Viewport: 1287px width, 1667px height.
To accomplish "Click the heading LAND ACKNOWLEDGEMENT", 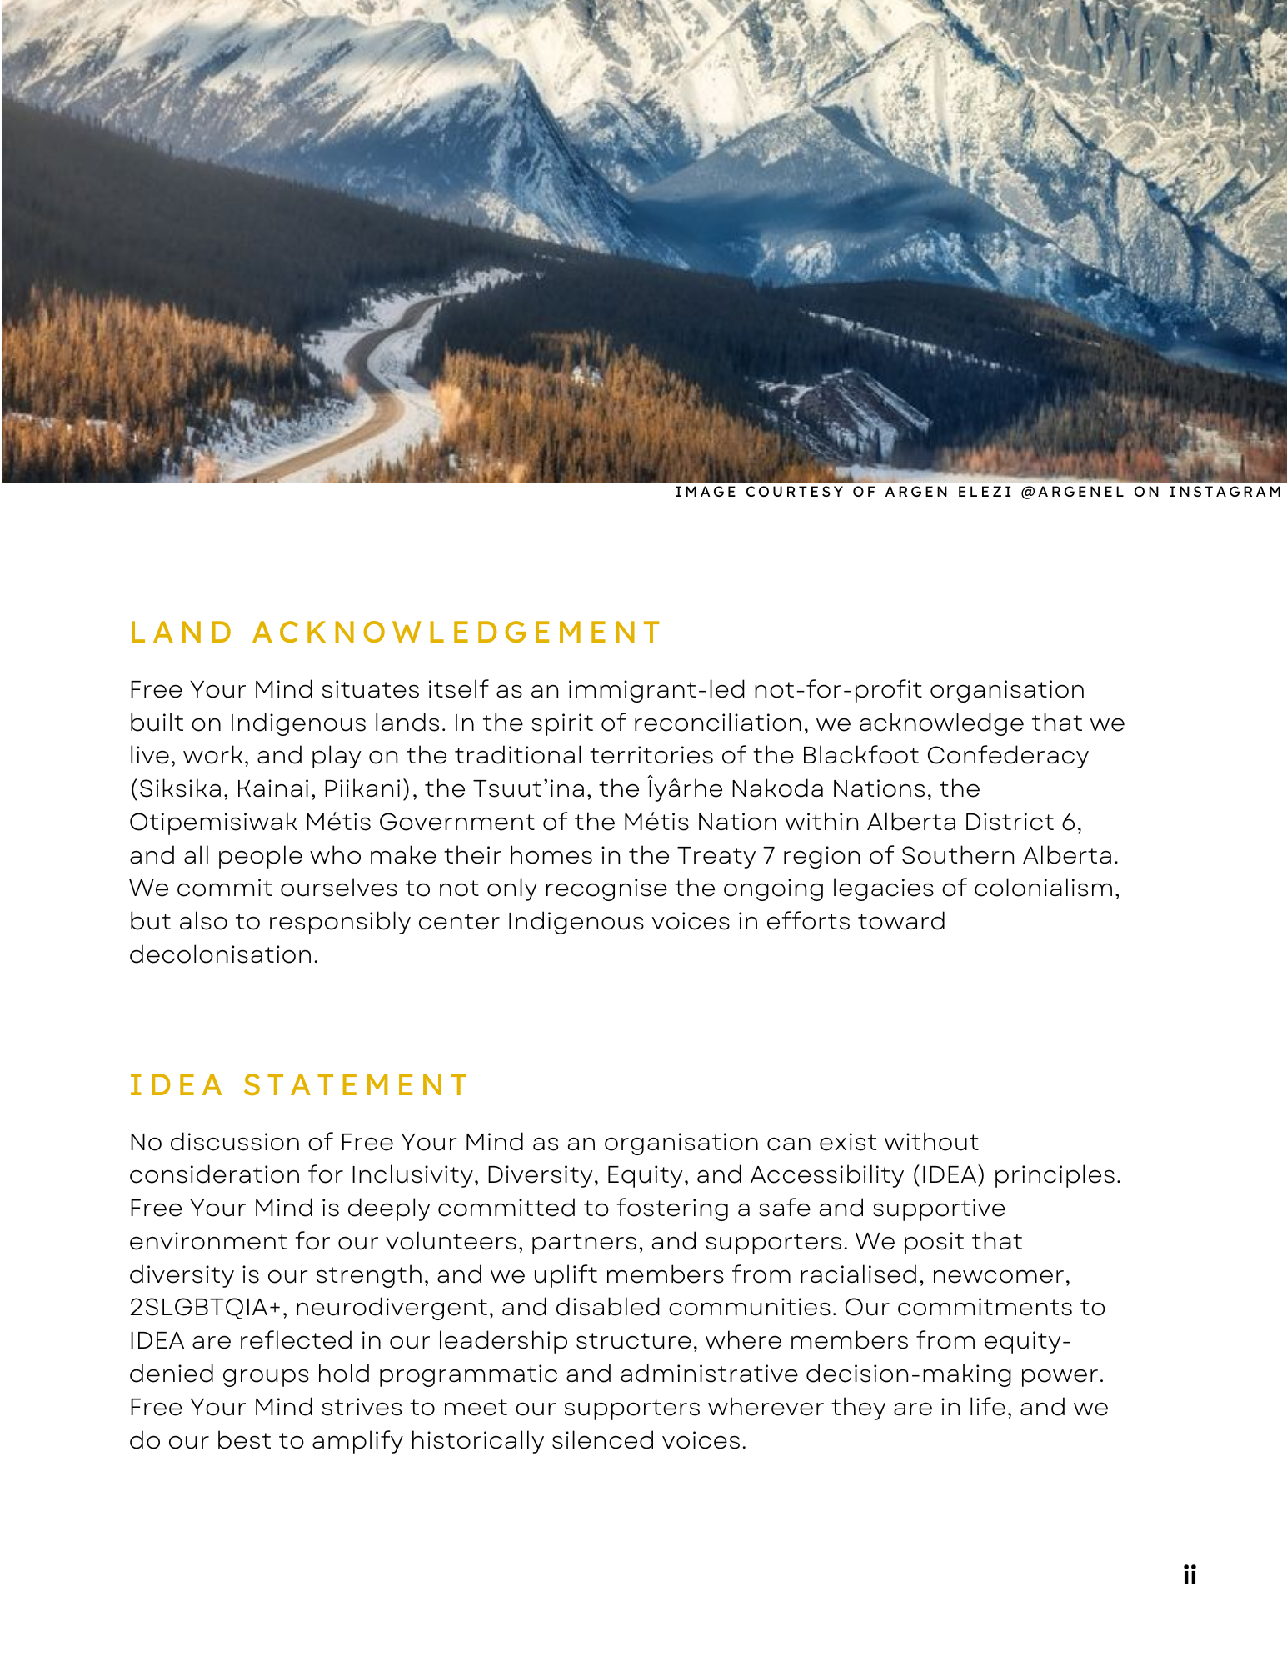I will click(x=396, y=633).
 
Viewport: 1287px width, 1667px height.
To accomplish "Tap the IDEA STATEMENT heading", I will click(x=300, y=1085).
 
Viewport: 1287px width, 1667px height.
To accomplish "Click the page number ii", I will click(x=1190, y=1574).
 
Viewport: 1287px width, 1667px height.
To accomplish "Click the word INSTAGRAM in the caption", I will click(x=1225, y=492).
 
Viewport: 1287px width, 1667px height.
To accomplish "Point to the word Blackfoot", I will click(x=860, y=755).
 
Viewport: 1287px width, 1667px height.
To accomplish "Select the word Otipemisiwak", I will click(x=213, y=822).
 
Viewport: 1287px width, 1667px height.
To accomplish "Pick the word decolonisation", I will click(x=223, y=954).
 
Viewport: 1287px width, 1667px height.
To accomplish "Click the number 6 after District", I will click(x=1069, y=822).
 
